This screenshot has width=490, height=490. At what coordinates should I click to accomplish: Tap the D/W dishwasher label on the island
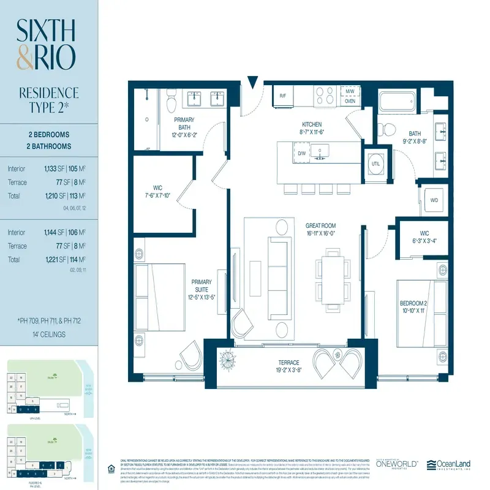click(302, 154)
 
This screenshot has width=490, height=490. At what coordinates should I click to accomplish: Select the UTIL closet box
click(377, 164)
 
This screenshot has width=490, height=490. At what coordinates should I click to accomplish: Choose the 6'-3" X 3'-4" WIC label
click(424, 236)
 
